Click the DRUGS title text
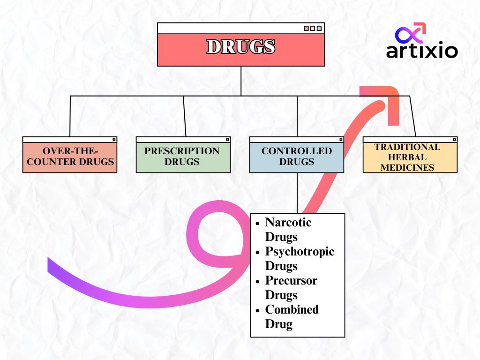point(240,47)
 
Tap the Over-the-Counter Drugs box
point(70,157)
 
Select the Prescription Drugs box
point(183,157)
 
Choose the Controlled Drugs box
point(296,157)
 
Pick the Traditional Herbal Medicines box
point(410,157)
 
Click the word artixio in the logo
point(422,50)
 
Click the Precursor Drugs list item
point(291,287)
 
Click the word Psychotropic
point(300,251)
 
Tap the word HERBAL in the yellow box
point(407,157)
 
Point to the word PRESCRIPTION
point(182,151)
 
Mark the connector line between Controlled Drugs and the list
point(297,193)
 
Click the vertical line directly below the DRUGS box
point(240,81)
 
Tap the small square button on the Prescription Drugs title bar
point(227,139)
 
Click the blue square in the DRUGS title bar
point(319,28)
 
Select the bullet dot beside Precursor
point(257,281)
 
